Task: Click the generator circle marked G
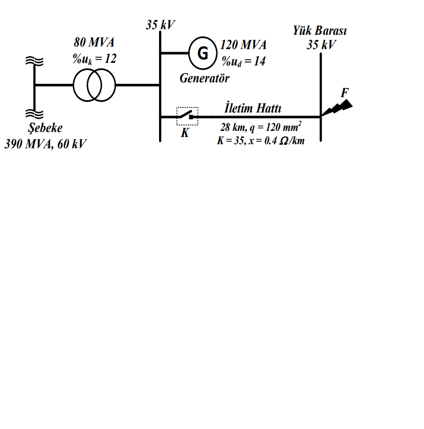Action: click(203, 53)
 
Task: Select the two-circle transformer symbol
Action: click(95, 85)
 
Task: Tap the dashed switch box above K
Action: click(187, 116)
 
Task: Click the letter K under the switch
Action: click(185, 133)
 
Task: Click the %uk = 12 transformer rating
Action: click(94, 59)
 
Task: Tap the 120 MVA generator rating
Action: click(243, 45)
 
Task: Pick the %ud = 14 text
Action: click(243, 61)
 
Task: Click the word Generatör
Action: click(205, 78)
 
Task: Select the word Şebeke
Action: click(45, 128)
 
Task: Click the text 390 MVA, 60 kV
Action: click(45, 144)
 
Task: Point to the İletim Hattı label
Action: click(253, 108)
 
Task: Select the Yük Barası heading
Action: click(320, 31)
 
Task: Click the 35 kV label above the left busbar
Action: click(161, 25)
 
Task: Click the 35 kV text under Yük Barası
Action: click(321, 44)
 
